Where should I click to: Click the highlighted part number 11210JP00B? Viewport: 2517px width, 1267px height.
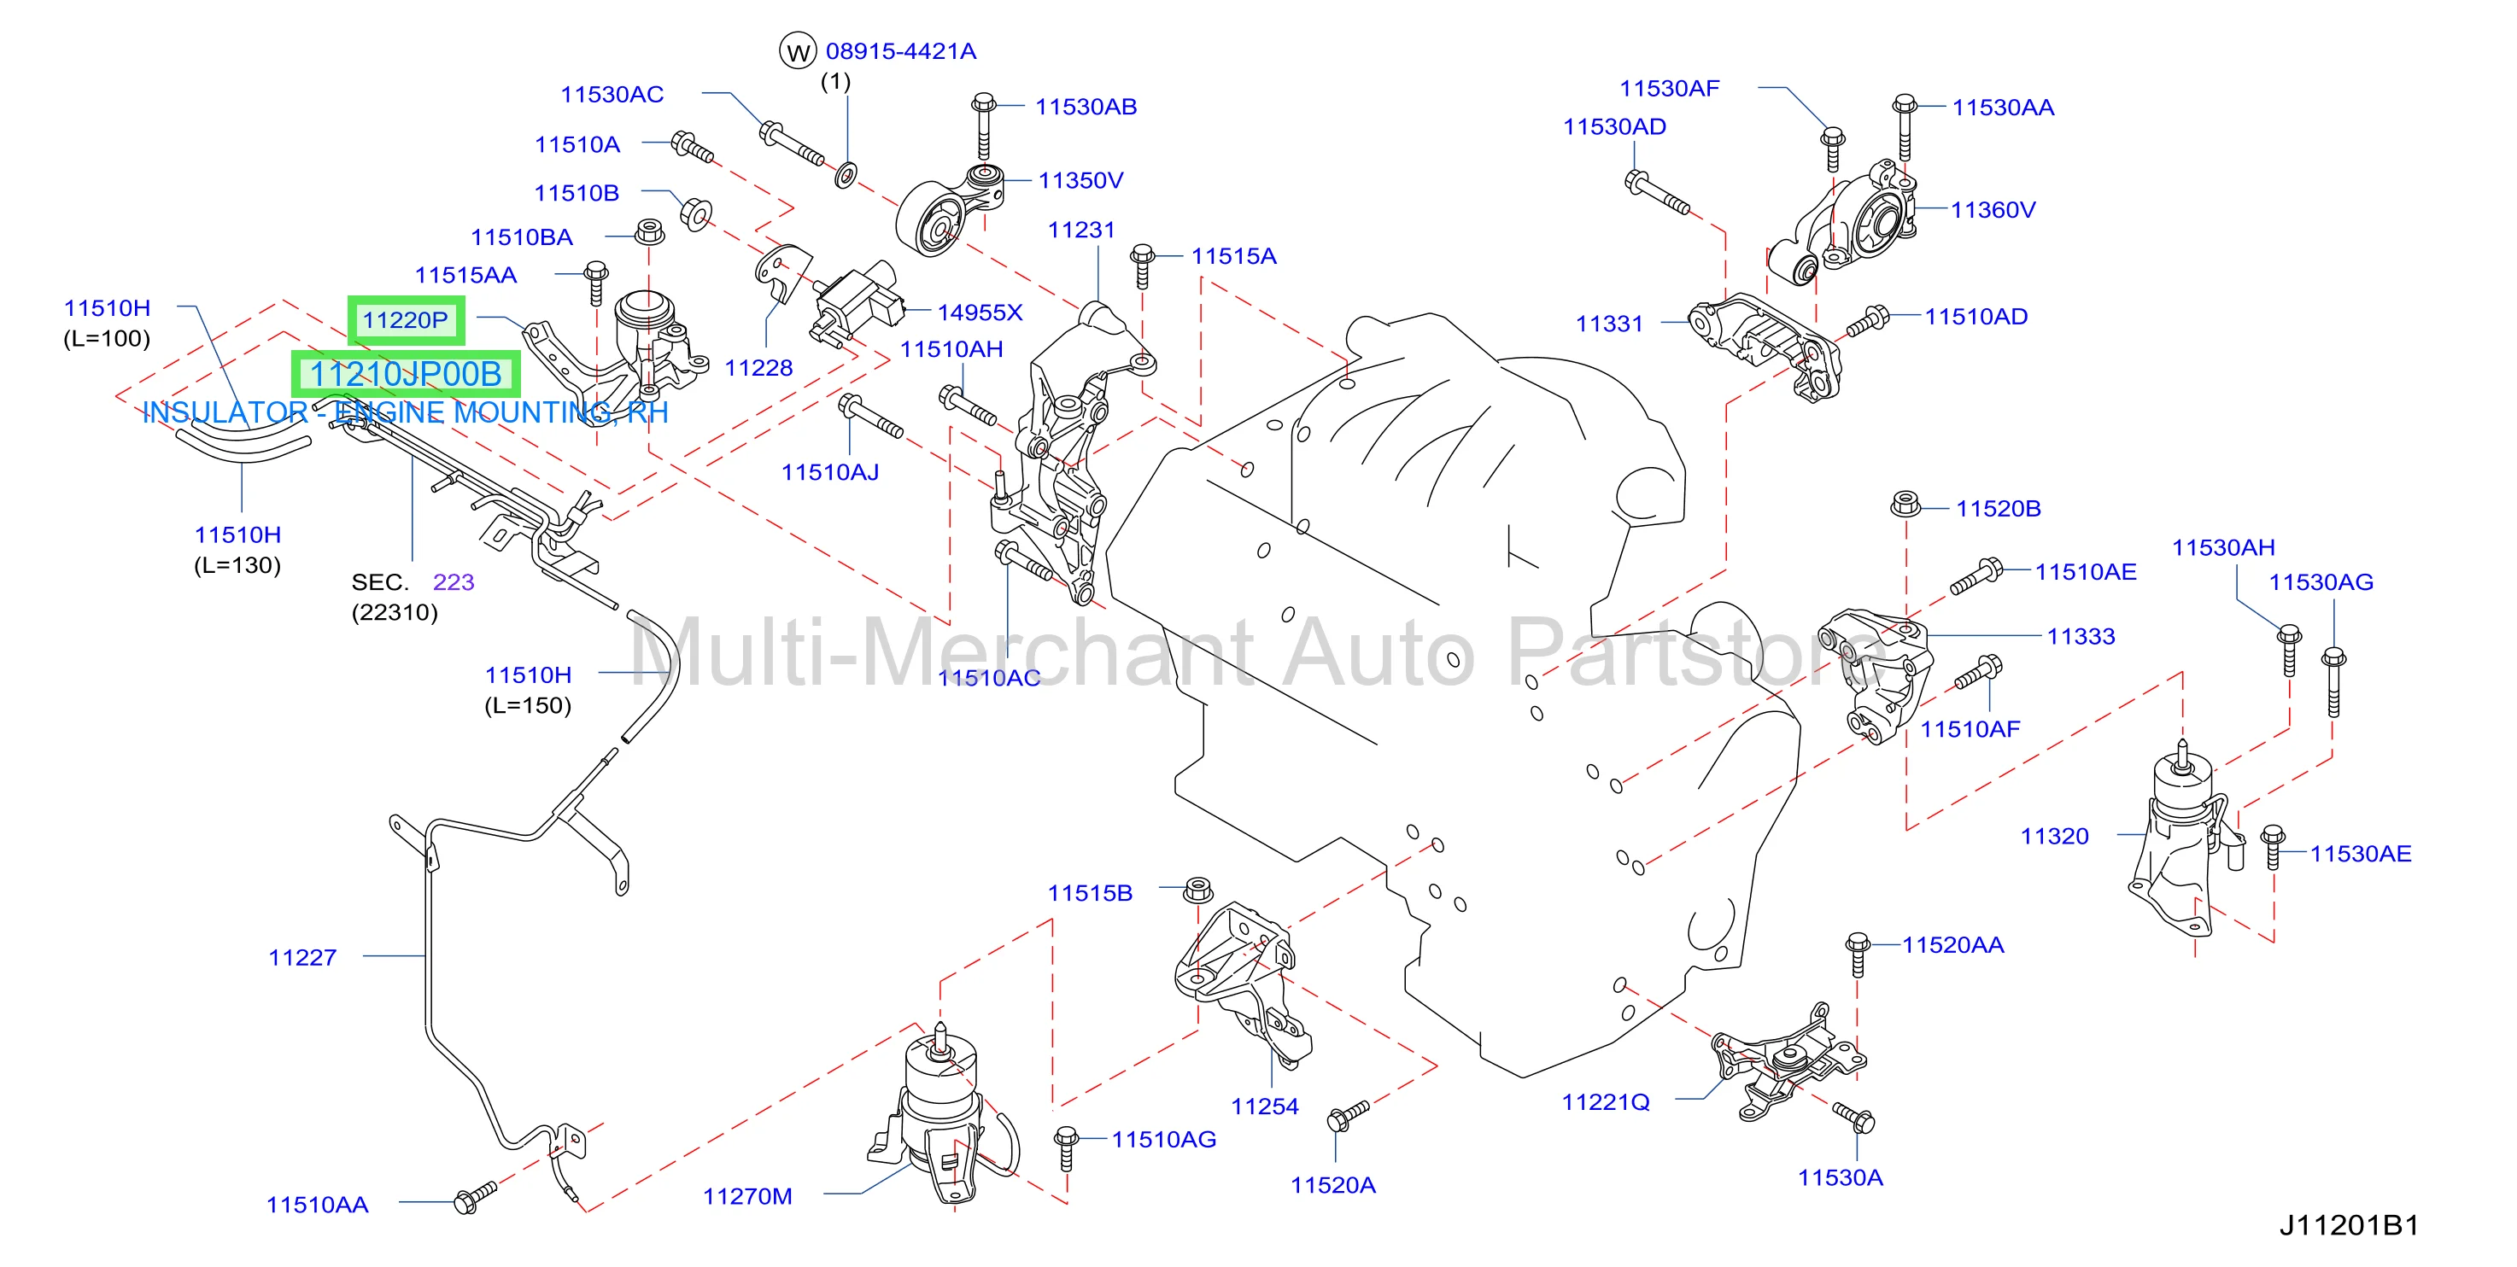click(x=406, y=374)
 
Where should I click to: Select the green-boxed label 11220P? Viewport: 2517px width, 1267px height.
click(x=406, y=319)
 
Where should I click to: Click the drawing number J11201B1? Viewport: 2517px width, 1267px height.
click(x=2349, y=1225)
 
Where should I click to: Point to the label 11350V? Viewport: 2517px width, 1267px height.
click(x=1080, y=181)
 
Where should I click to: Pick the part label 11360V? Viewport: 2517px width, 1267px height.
click(x=1993, y=210)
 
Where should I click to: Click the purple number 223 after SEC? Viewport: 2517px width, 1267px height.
click(x=454, y=582)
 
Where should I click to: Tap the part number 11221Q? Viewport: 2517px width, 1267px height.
click(x=1606, y=1102)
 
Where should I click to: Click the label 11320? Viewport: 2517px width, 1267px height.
click(x=2055, y=836)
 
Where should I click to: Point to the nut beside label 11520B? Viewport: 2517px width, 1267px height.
click(x=1905, y=504)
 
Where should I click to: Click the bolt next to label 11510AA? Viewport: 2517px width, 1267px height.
click(x=476, y=1197)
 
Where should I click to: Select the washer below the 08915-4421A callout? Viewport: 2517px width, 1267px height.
click(x=846, y=176)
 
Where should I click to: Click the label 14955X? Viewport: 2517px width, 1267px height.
click(x=980, y=312)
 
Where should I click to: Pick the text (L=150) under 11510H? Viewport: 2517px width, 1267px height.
click(x=528, y=705)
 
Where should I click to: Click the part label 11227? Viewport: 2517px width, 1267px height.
click(x=303, y=957)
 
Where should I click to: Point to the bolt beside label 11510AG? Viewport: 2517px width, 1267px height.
click(x=1066, y=1147)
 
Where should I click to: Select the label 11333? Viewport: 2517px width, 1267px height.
click(x=2081, y=637)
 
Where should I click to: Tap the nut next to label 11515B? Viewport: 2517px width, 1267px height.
click(x=1198, y=890)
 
